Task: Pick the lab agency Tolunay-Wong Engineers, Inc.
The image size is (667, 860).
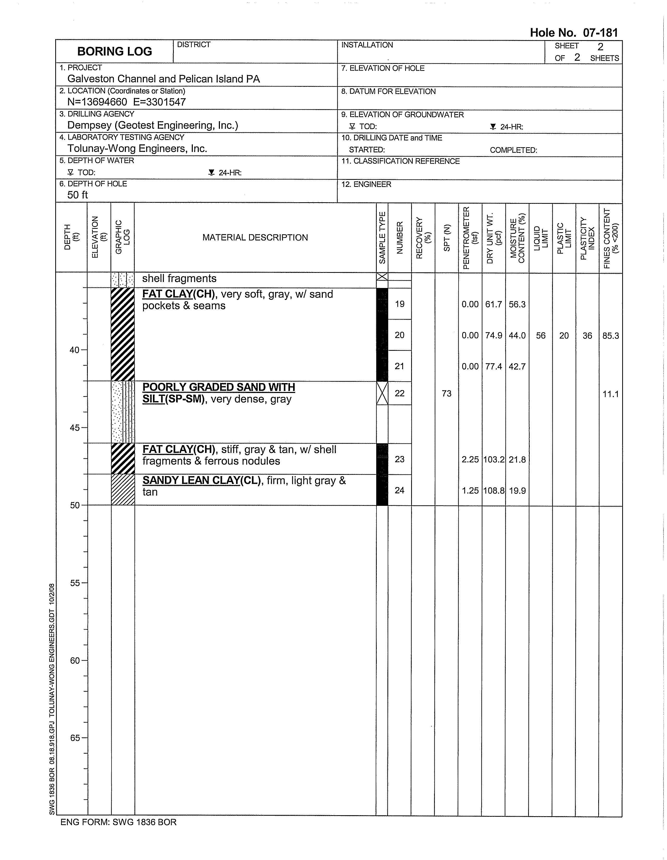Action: (x=137, y=149)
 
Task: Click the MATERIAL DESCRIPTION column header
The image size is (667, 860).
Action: (x=255, y=237)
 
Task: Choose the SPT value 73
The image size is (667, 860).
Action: (x=447, y=393)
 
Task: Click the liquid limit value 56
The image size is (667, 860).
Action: (x=541, y=335)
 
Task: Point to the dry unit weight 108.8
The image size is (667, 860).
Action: (x=493, y=491)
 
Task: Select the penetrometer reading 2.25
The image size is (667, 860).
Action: (x=470, y=459)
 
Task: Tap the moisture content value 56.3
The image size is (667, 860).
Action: (x=517, y=304)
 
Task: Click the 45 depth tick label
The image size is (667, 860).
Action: (x=75, y=428)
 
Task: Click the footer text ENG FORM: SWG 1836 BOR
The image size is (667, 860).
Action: (x=118, y=822)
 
